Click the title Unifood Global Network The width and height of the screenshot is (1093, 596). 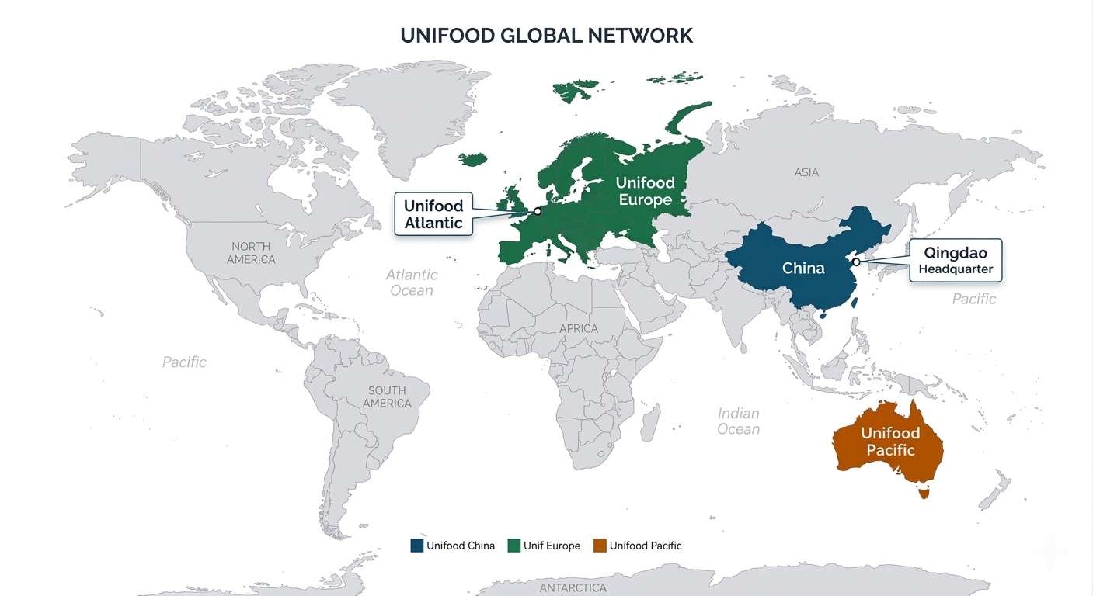coord(546,36)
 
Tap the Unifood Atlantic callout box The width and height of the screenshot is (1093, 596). coord(433,214)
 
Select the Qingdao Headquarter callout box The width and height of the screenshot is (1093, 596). coord(956,261)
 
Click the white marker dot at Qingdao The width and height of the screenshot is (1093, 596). coord(856,262)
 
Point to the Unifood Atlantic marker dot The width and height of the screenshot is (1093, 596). coord(537,211)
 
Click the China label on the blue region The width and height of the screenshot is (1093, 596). coord(803,269)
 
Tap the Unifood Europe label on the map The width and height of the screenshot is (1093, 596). coord(645,192)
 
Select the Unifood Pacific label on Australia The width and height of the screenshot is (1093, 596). coord(890,442)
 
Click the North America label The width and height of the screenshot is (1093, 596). coord(251,253)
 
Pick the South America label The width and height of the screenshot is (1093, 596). coord(387,397)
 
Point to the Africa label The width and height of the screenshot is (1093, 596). coord(579,328)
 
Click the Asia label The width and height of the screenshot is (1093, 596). coord(806,172)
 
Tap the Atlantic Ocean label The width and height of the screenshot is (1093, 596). coord(412,282)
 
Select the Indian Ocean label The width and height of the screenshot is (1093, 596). coord(738,421)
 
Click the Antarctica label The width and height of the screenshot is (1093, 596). coord(573,588)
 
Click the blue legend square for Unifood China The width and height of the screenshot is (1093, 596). coord(417,546)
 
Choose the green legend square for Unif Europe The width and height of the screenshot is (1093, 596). coord(513,546)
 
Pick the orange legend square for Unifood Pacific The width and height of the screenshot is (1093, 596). coord(599,546)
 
